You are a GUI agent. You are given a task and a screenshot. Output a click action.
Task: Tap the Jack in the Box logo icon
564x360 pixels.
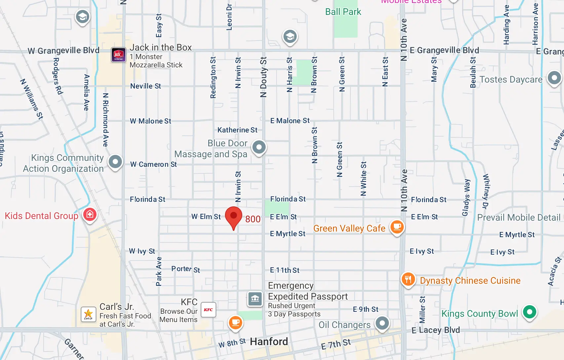[x=118, y=54]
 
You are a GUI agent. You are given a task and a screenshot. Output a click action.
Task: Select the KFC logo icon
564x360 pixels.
[x=208, y=310]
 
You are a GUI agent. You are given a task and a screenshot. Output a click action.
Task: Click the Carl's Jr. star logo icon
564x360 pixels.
[x=88, y=314]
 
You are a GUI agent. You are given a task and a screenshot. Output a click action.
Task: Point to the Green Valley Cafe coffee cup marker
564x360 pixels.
[x=397, y=227]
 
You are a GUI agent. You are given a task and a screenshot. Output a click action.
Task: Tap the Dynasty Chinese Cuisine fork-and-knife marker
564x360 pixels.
[x=408, y=279]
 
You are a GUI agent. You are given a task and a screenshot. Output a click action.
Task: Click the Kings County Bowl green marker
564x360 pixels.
[x=530, y=312]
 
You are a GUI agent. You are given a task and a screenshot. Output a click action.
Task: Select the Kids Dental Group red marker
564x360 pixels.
[x=90, y=215]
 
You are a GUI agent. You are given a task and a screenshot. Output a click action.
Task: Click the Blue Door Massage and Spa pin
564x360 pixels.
[x=259, y=147]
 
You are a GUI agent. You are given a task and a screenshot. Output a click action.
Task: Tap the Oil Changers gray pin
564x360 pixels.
[x=382, y=323]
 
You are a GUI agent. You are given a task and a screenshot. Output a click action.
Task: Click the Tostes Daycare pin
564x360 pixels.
[x=554, y=78]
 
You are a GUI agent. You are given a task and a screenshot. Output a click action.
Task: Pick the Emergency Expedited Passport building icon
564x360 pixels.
[x=255, y=299]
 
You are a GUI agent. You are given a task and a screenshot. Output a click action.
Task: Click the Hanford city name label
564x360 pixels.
[x=269, y=342]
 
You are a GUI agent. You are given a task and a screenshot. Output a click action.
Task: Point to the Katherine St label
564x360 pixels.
[x=237, y=130]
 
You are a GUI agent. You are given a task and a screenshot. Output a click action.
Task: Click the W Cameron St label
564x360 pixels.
[x=153, y=164]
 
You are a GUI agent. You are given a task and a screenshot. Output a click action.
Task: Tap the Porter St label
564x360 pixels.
[x=186, y=269]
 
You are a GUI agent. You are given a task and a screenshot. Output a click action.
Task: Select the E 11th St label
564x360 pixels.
[x=284, y=270]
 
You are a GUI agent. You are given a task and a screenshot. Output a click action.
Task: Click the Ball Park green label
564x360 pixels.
[x=343, y=12]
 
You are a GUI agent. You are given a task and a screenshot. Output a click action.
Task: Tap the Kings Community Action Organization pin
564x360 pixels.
[x=115, y=162]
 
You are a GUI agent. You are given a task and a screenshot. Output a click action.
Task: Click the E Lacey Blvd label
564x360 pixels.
[x=435, y=330]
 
